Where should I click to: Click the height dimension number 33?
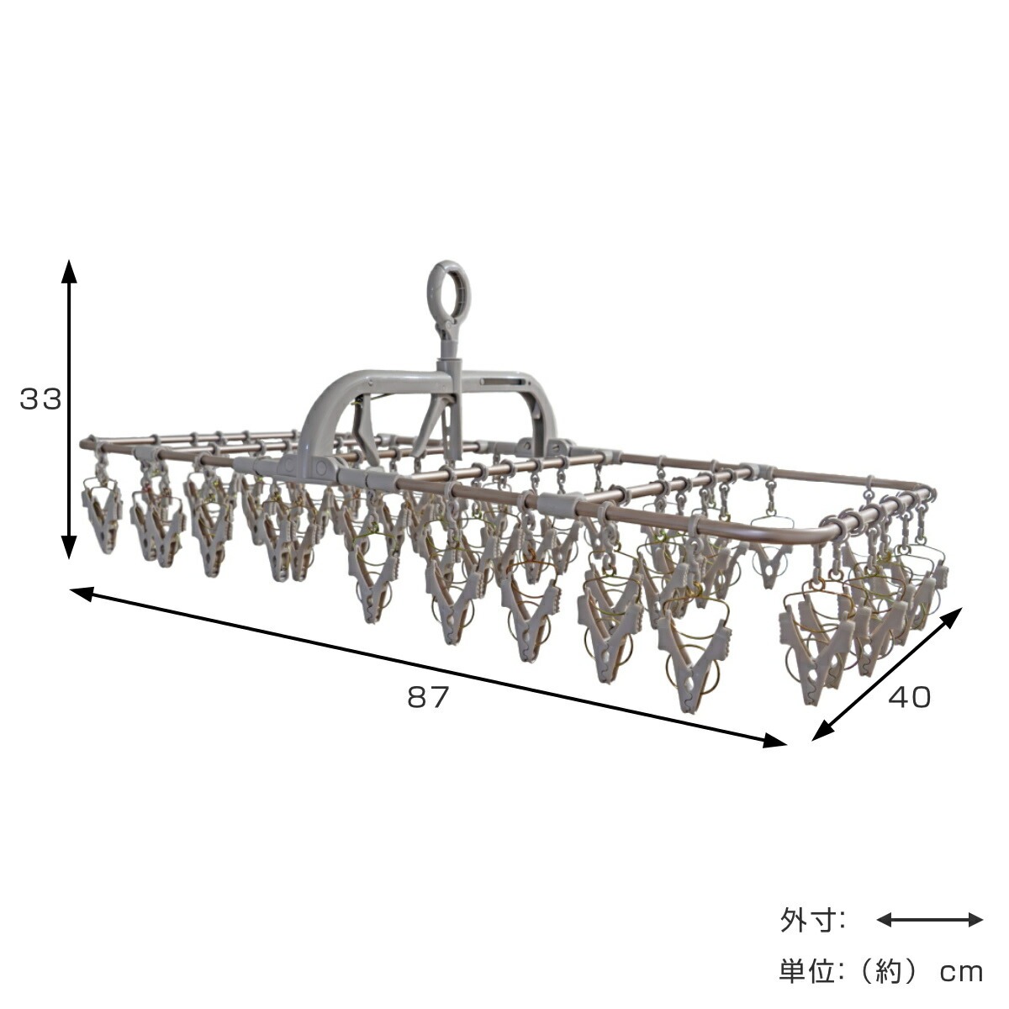point(40,399)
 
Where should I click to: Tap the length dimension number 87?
point(428,697)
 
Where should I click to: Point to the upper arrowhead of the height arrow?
point(69,271)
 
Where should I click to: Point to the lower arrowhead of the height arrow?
point(69,547)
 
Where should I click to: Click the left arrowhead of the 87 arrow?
point(82,594)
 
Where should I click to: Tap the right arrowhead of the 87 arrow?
point(774,740)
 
